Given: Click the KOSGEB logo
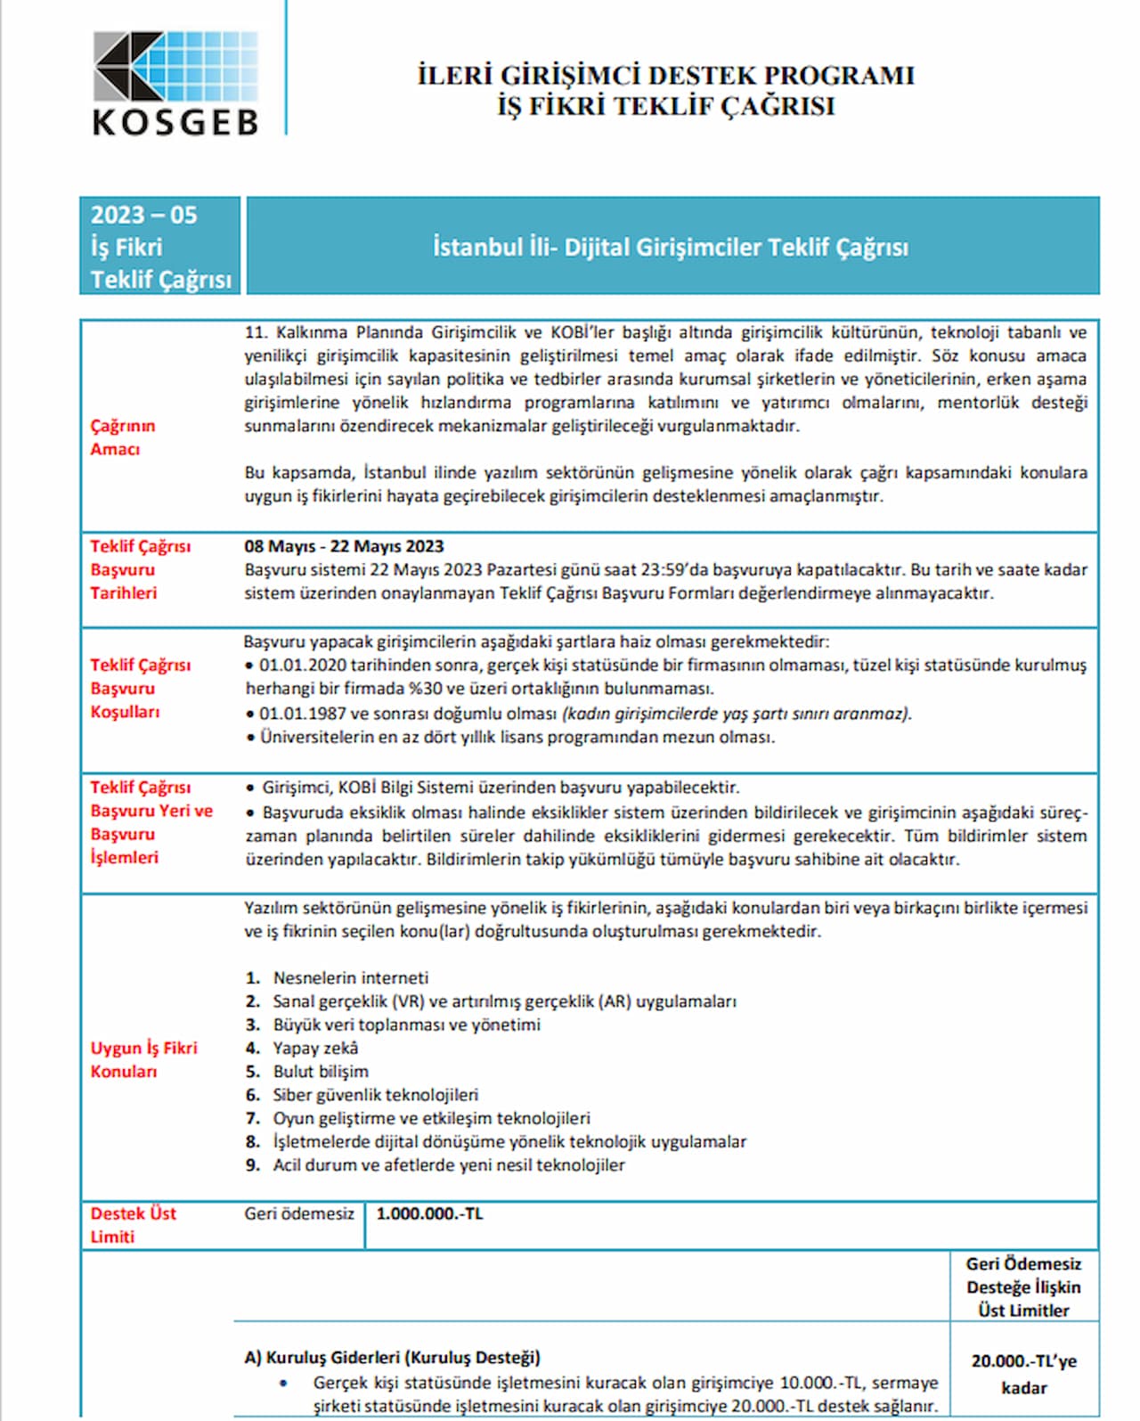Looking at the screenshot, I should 175,83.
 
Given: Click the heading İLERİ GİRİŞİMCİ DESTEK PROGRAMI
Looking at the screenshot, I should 666,75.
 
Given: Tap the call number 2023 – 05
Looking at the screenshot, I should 143,215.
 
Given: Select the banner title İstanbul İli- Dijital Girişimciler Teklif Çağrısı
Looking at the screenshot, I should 671,247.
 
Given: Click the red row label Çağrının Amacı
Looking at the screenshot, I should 122,437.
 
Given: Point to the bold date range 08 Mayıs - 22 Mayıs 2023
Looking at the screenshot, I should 344,546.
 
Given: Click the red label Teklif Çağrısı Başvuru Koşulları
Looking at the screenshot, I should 140,688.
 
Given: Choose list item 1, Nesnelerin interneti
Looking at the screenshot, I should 350,977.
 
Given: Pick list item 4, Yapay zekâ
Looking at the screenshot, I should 315,1048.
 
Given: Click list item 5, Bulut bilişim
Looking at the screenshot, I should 321,1071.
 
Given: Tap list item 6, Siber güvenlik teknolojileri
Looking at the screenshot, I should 375,1094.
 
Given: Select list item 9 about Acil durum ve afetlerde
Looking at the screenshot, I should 448,1164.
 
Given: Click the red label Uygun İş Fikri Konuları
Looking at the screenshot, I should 143,1059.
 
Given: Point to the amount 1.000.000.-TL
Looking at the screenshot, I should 429,1213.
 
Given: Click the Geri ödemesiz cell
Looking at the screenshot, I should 299,1213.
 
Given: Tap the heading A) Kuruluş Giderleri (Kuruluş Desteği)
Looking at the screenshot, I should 392,1357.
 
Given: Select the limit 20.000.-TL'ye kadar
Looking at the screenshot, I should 1023,1374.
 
